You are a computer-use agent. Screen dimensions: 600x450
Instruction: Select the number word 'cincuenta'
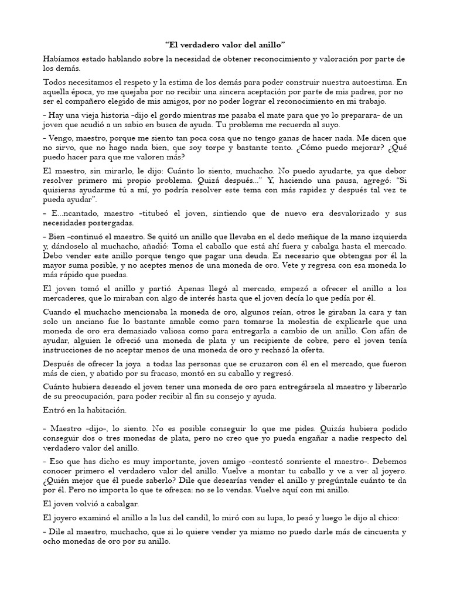tap(367, 532)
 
